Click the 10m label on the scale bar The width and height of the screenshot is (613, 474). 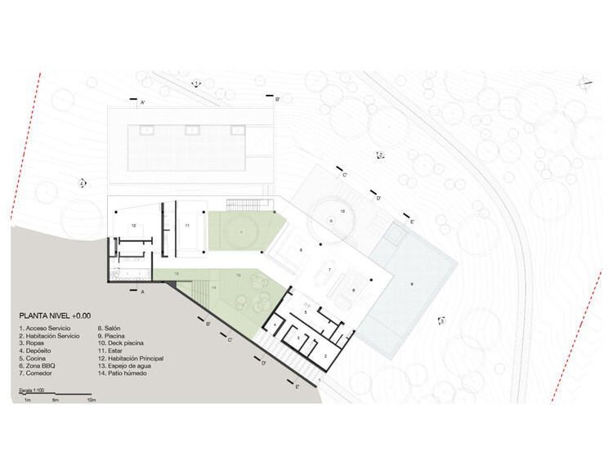(x=91, y=401)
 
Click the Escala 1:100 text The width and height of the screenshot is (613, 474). (x=34, y=393)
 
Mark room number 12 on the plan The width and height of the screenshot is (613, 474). (x=132, y=225)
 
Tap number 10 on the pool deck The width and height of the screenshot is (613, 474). (x=342, y=211)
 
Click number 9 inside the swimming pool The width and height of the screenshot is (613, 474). (x=413, y=284)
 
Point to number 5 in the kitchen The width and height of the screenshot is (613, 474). (x=305, y=312)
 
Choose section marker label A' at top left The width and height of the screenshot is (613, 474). (x=142, y=103)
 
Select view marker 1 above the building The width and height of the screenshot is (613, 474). (x=197, y=83)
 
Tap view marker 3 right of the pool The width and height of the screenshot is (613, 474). (x=441, y=321)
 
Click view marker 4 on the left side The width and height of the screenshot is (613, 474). (x=82, y=184)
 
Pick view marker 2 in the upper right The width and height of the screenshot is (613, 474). (x=380, y=155)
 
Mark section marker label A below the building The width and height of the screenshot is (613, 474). (x=142, y=291)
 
